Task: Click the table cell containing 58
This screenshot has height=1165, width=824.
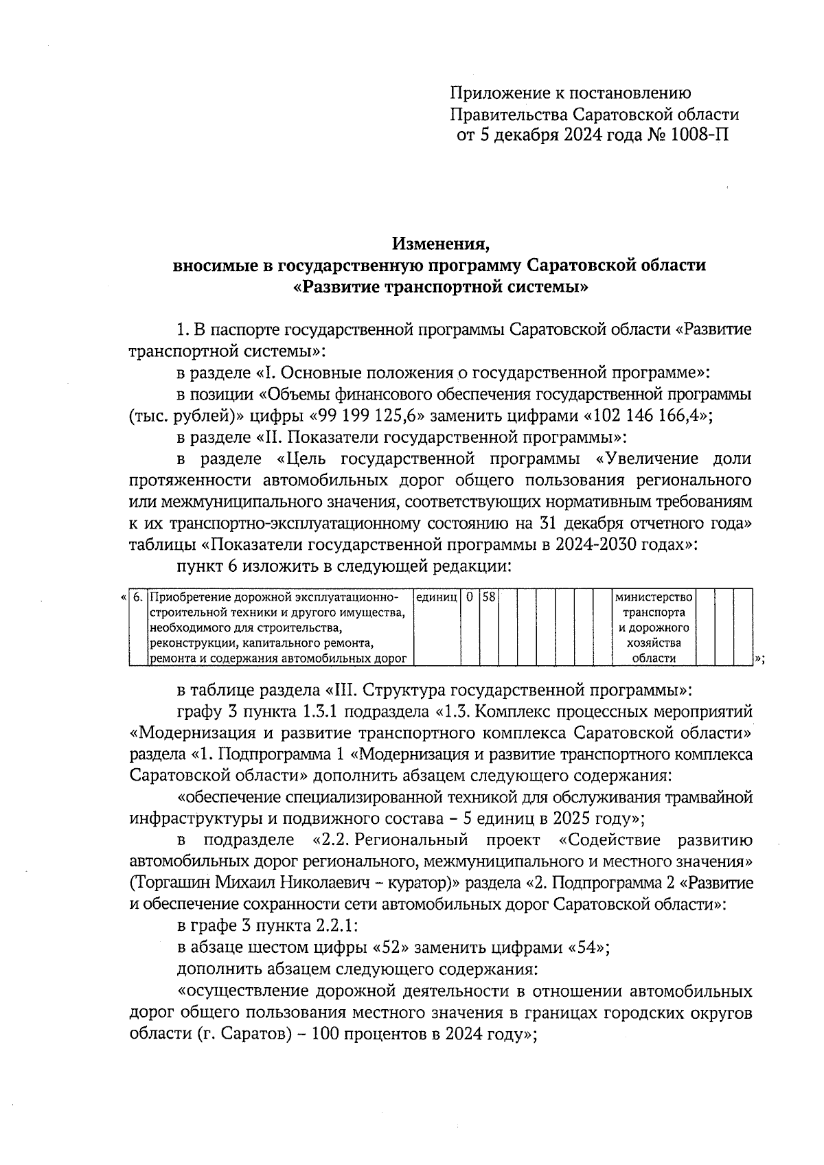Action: [488, 598]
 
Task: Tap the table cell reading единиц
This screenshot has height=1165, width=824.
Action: [437, 598]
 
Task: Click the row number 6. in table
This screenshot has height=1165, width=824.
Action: [138, 598]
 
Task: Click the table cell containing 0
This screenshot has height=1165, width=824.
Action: [470, 598]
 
